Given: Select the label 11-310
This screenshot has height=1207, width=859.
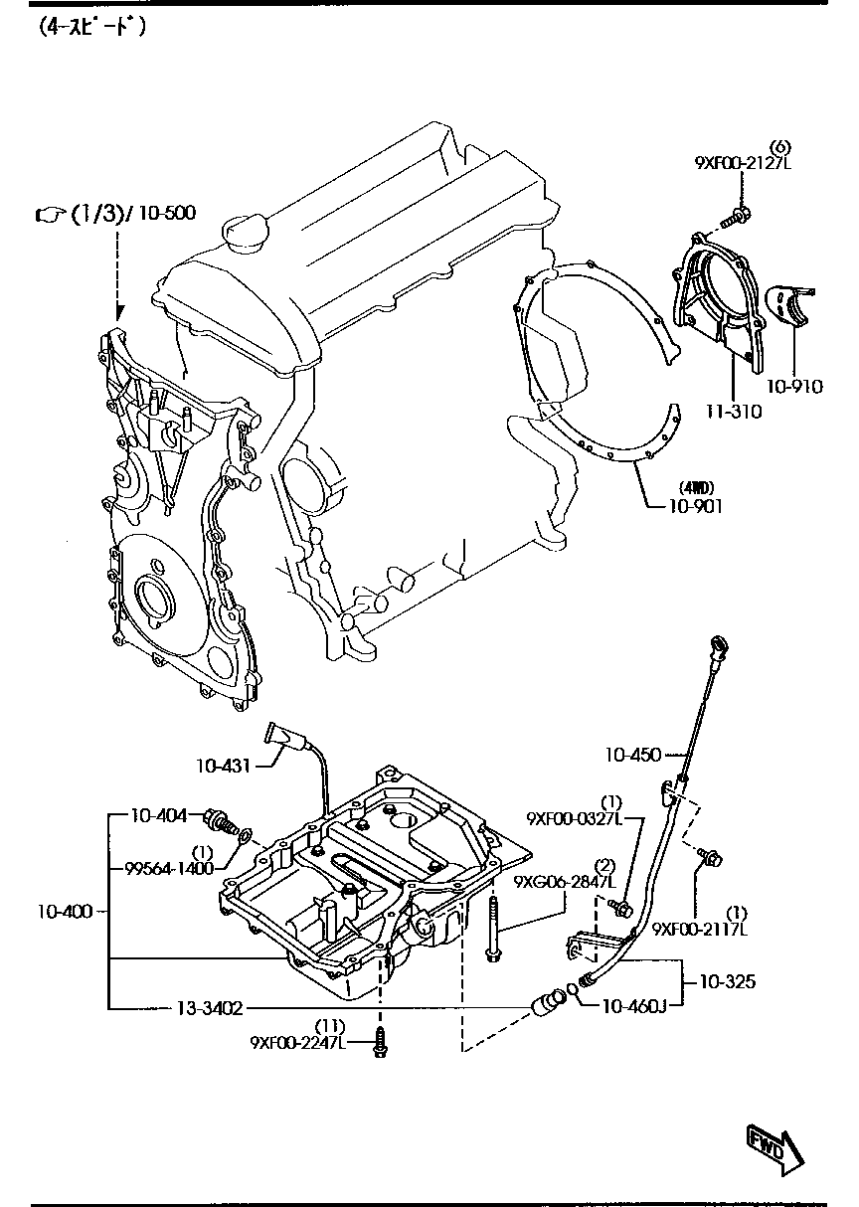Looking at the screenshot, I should point(736,411).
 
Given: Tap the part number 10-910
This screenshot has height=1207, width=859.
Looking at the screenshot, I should point(796,387).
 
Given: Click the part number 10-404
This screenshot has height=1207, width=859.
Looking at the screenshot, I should point(159,816).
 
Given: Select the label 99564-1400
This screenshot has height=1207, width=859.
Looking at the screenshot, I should point(169,868).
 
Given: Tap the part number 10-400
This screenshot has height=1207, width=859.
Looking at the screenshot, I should point(67,911).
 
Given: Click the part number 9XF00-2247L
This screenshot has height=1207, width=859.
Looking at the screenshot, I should point(296,1042).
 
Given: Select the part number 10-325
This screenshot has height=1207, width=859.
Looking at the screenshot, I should point(727,982).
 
